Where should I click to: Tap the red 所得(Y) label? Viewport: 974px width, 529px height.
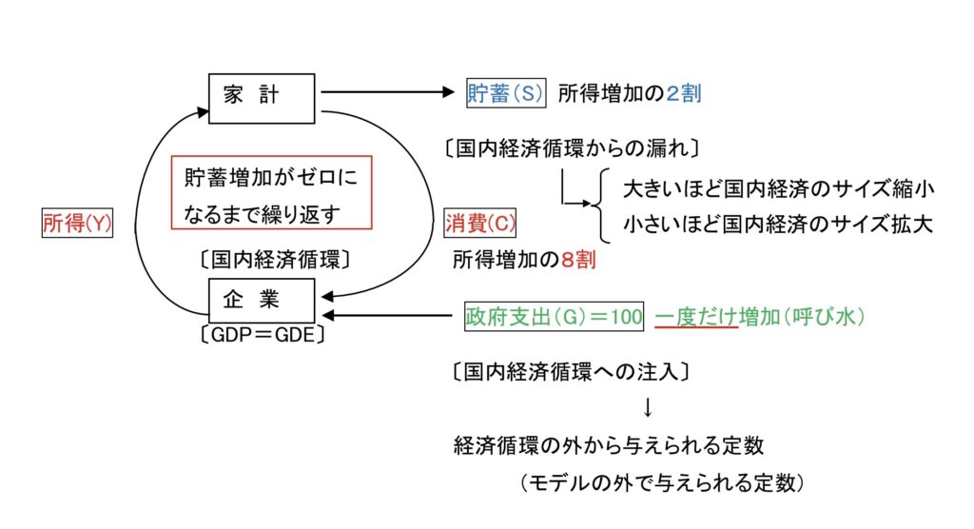(x=78, y=224)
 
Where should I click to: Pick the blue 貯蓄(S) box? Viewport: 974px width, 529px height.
(x=505, y=93)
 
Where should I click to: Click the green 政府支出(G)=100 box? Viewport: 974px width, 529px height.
(x=555, y=316)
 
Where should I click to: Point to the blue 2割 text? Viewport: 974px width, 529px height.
(x=683, y=93)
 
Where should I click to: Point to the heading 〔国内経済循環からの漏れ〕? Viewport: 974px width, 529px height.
(x=573, y=148)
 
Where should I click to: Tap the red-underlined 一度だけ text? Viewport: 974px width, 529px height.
(x=696, y=316)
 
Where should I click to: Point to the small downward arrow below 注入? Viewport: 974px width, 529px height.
(x=648, y=408)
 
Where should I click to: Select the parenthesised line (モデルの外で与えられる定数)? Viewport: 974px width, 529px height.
(x=663, y=483)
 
